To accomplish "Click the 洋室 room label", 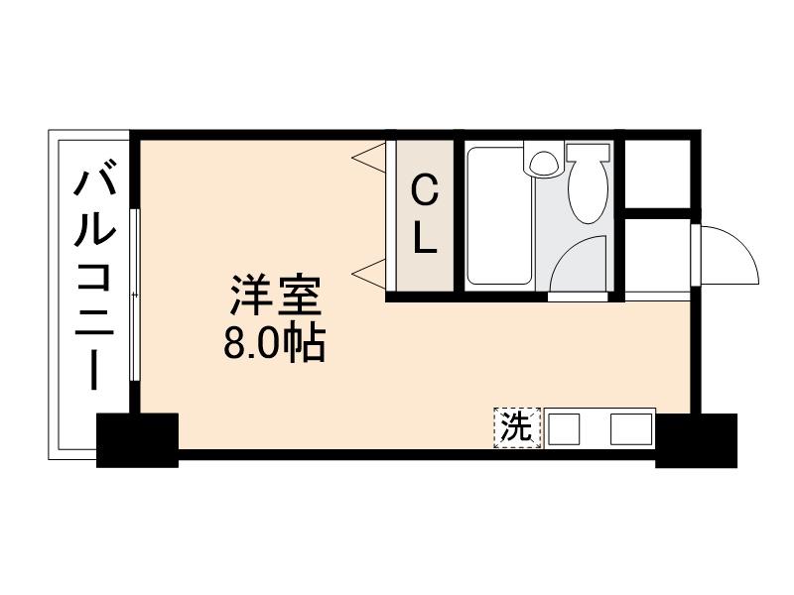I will pyautogui.click(x=276, y=296).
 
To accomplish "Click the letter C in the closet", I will pyautogui.click(x=424, y=185).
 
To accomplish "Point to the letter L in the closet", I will pyautogui.click(x=425, y=238).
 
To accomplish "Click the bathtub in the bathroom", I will pyautogui.click(x=499, y=218).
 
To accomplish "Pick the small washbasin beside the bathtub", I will pyautogui.click(x=543, y=161).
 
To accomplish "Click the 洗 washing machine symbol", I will pyautogui.click(x=516, y=428).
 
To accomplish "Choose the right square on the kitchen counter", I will pyautogui.click(x=626, y=429).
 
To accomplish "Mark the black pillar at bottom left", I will pyautogui.click(x=137, y=438).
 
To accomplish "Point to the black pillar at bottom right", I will pyautogui.click(x=696, y=439).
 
